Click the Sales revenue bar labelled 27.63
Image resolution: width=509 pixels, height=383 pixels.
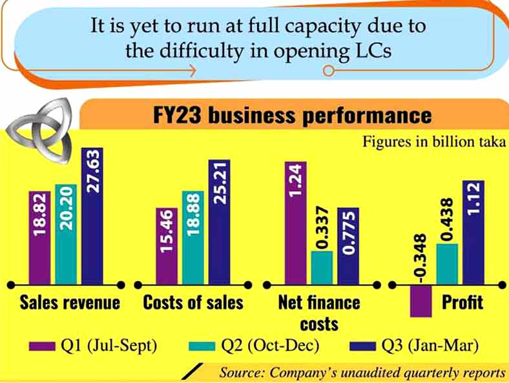pos(92,216)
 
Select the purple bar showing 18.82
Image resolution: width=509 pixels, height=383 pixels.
pos(39,237)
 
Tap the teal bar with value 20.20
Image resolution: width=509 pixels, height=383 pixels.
pos(66,234)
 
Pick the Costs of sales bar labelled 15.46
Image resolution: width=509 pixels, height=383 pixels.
pos(167,245)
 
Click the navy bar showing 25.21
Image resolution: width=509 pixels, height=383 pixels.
pos(219,222)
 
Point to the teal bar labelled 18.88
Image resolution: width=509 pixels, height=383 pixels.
pos(192,237)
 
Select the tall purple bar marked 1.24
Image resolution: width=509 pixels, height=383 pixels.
pos(295,222)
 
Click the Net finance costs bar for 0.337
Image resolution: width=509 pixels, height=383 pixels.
pos(322,267)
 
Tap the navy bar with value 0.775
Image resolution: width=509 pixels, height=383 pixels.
pos(348,245)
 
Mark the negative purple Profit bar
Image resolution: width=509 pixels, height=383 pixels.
pos(420,301)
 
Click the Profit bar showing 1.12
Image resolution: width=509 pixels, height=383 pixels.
pos(473,232)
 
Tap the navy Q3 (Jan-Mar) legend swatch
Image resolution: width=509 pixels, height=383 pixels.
pos(362,346)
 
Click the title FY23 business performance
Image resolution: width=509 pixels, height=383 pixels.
pos(292,116)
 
